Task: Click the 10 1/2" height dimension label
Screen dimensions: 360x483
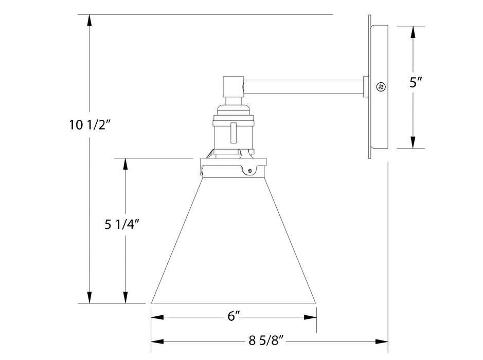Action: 90,124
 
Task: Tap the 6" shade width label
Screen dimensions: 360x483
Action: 234,317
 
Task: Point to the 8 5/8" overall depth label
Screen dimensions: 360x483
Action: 266,341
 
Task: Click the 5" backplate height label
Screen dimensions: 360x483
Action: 416,83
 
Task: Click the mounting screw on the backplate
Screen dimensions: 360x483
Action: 381,87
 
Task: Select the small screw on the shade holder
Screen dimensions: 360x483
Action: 250,170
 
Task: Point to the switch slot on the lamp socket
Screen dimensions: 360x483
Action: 234,133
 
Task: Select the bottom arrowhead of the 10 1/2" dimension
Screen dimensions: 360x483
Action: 90,297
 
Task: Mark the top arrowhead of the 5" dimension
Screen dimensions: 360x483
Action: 412,32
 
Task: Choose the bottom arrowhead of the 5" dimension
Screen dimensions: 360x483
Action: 412,142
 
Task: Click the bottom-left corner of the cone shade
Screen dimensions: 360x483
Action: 152,302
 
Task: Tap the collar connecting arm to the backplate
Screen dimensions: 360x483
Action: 366,87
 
